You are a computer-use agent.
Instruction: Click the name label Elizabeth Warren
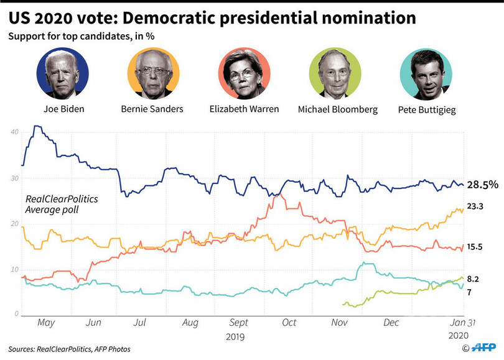click(x=243, y=109)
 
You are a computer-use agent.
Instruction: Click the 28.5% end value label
click(x=482, y=185)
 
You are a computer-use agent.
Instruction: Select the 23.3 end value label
click(x=476, y=206)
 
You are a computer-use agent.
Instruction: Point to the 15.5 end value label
click(x=476, y=247)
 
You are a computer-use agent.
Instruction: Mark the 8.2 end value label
click(x=474, y=279)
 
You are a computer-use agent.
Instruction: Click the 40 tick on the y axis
click(x=14, y=132)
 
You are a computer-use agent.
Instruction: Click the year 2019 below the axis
click(x=236, y=336)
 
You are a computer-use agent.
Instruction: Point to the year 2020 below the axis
click(x=459, y=336)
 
